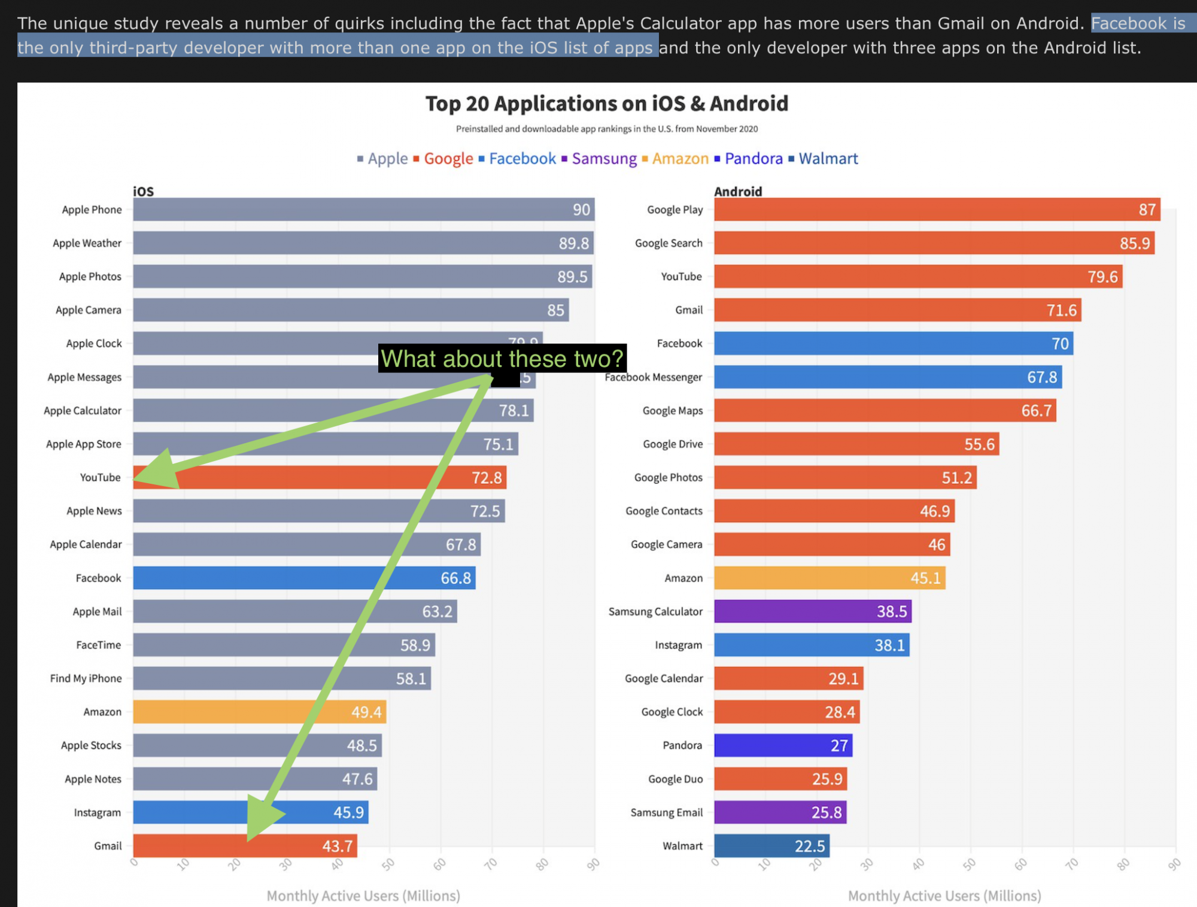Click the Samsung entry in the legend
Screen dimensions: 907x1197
(x=603, y=159)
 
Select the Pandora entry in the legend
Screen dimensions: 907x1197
(x=753, y=159)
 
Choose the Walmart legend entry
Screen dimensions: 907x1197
(x=828, y=159)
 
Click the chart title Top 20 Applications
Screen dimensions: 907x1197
(x=606, y=104)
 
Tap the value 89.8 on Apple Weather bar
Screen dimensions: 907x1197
(x=573, y=243)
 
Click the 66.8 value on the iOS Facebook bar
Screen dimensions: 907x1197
(x=455, y=578)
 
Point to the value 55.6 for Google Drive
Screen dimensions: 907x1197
(x=979, y=444)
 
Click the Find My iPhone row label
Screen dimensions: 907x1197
(x=86, y=678)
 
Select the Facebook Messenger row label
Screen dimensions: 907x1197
(x=653, y=377)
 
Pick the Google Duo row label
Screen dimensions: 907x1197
(x=675, y=779)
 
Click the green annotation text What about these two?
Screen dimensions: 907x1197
(x=502, y=358)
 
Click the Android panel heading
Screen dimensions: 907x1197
(x=738, y=192)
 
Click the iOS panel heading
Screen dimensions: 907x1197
(x=143, y=192)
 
